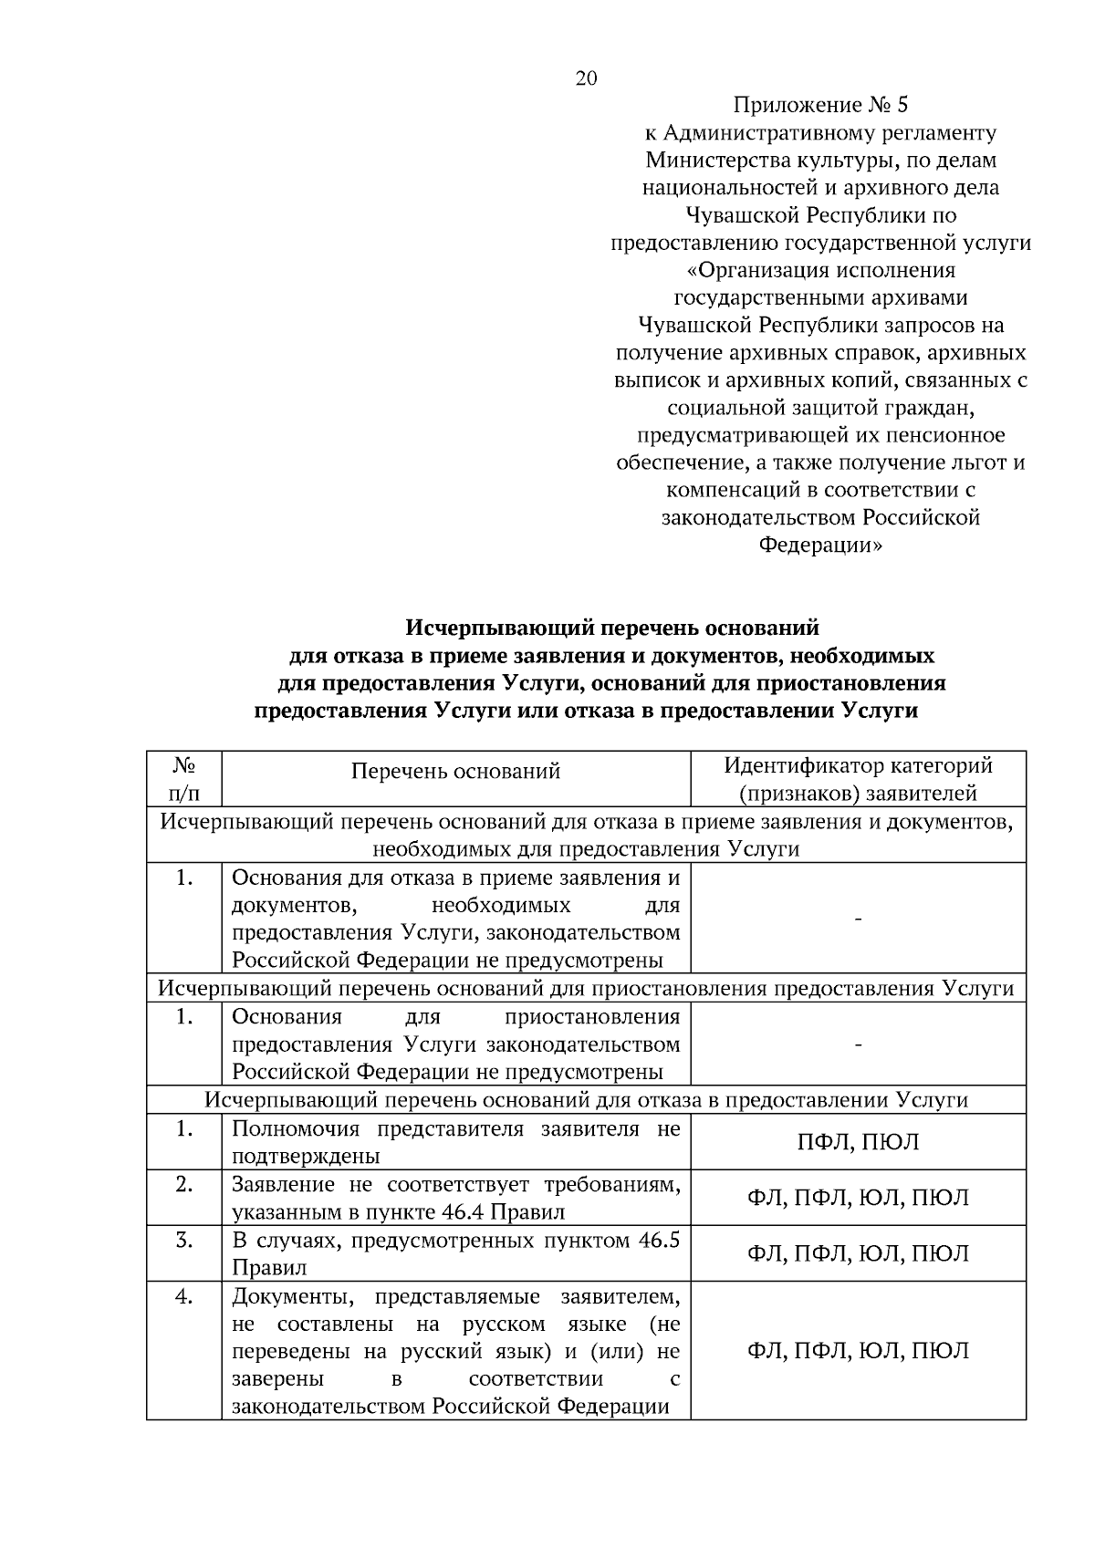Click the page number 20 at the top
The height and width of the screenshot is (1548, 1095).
point(586,78)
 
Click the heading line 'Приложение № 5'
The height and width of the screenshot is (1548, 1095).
point(820,105)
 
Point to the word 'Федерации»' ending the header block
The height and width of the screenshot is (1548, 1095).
point(820,545)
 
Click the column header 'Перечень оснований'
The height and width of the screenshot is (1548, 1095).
point(455,772)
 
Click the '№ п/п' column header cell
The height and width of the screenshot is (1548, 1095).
point(184,779)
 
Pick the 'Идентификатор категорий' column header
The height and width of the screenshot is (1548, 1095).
point(858,766)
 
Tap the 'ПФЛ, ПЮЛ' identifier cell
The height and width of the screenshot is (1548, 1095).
point(858,1142)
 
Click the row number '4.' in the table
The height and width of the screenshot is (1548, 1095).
point(184,1297)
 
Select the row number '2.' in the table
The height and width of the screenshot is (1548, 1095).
point(184,1185)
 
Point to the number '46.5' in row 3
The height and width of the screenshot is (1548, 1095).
point(656,1241)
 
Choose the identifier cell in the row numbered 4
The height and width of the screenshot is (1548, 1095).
point(858,1351)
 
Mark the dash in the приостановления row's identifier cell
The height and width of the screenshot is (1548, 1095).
point(858,1044)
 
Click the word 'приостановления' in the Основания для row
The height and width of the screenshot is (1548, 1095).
point(592,1017)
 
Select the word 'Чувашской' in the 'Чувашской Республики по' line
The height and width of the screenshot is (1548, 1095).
point(744,215)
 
